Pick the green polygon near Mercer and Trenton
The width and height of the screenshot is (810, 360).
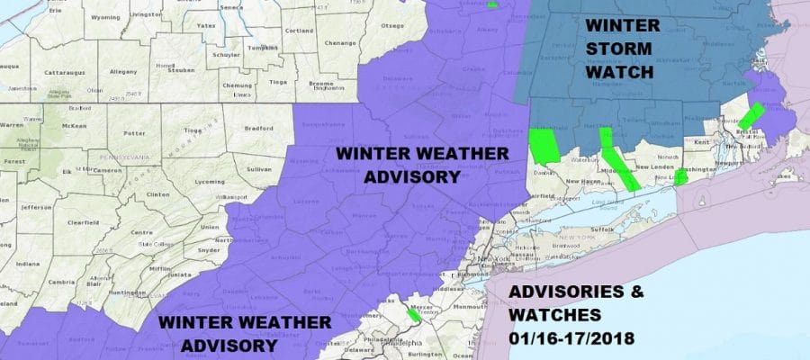coord(413,315)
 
